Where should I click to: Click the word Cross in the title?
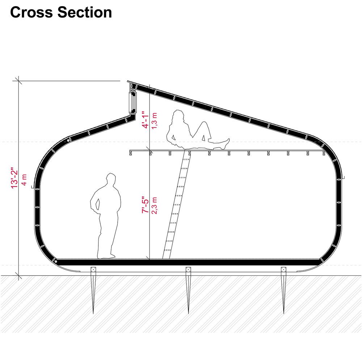click(31, 12)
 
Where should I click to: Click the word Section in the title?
click(85, 12)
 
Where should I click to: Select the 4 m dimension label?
click(24, 180)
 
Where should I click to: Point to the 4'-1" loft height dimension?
click(146, 119)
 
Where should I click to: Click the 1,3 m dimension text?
click(155, 121)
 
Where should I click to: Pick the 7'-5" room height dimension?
click(146, 205)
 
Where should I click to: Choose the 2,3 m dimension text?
click(155, 206)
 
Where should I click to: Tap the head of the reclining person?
click(178, 116)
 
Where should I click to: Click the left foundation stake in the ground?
click(93, 290)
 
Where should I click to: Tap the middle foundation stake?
click(188, 290)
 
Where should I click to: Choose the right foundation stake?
click(284, 290)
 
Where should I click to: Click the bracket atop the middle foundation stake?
click(188, 270)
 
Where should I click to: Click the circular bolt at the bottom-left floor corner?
click(56, 261)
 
